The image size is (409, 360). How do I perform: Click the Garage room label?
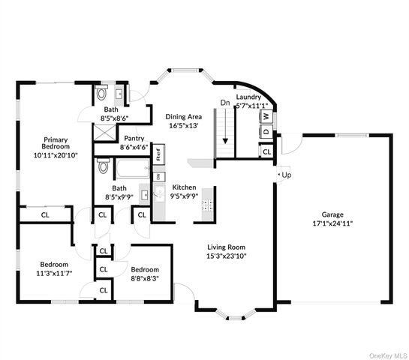332,214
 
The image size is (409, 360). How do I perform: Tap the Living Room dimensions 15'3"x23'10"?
227,256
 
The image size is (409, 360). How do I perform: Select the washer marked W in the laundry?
266,116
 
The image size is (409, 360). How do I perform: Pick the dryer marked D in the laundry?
266,131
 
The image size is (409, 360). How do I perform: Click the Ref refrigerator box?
158,154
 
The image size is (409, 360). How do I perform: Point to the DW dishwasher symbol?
158,177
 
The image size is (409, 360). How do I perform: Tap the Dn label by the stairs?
225,103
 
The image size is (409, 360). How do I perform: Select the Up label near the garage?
287,175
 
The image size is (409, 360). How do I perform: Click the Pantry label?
134,138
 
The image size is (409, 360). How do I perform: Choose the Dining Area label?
184,116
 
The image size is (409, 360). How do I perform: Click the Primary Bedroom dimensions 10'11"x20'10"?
56,156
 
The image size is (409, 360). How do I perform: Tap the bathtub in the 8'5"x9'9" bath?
133,169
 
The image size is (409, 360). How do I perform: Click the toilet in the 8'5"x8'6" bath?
101,92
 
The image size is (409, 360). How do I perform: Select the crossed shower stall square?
104,133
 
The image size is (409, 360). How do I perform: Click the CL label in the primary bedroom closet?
45,215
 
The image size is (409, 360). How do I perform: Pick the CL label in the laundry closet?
267,151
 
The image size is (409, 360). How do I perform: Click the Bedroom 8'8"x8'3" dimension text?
145,279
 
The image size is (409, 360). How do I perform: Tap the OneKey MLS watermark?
388,356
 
